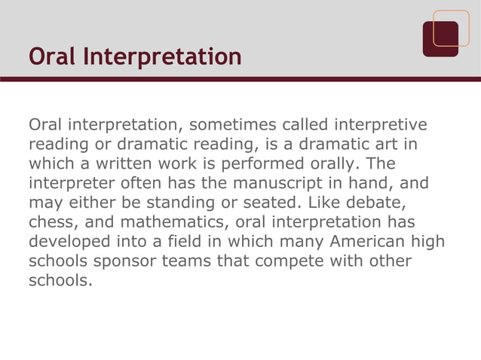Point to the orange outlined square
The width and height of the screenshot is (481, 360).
tap(451, 28)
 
